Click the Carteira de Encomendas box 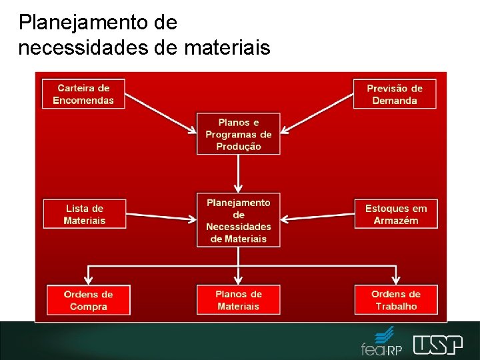pyautogui.click(x=83, y=94)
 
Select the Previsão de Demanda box pyautogui.click(x=395, y=94)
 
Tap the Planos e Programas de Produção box pyautogui.click(x=238, y=134)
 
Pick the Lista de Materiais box pyautogui.click(x=85, y=214)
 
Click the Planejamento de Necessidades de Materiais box pyautogui.click(x=238, y=220)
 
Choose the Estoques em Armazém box pyautogui.click(x=396, y=214)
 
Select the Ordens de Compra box pyautogui.click(x=88, y=300)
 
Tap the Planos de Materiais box pyautogui.click(x=238, y=300)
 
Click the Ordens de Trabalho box pyautogui.click(x=396, y=300)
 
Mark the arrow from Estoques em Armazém pyautogui.click(x=317, y=216)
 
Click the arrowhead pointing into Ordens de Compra pyautogui.click(x=88, y=279)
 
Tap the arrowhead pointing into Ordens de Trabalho pyautogui.click(x=397, y=279)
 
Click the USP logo pyautogui.click(x=437, y=344)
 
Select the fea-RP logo pyautogui.click(x=382, y=341)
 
